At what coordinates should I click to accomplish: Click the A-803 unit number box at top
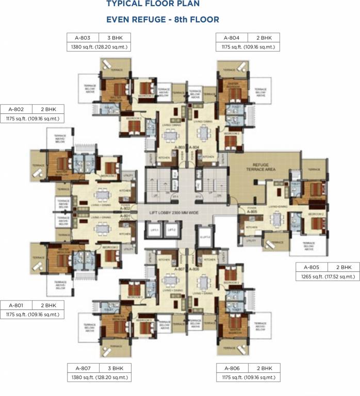(x=82, y=38)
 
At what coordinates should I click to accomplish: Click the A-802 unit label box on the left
(x=17, y=109)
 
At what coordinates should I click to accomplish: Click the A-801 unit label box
(x=17, y=305)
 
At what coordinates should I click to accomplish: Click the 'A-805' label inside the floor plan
(x=252, y=211)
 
